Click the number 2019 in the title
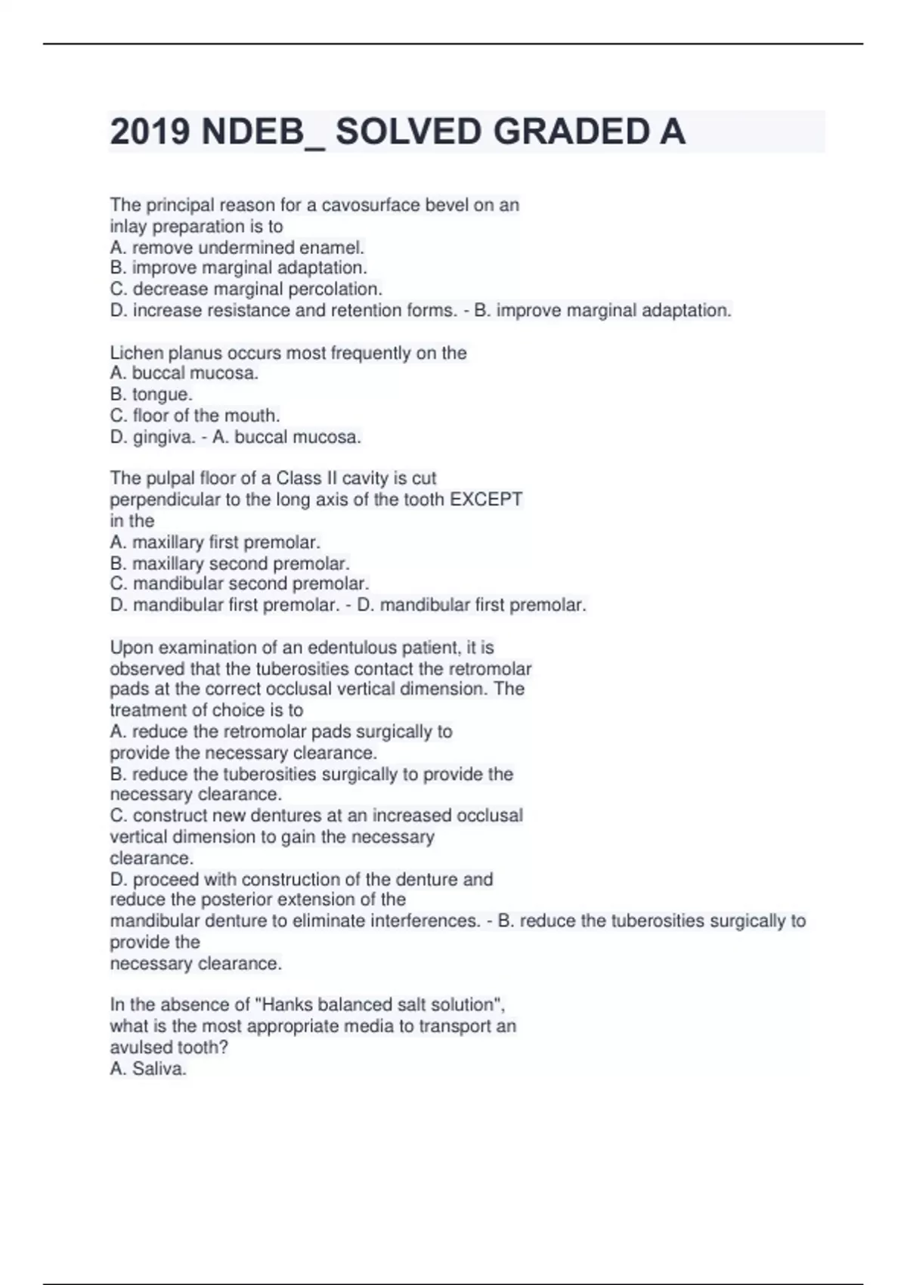click(x=150, y=132)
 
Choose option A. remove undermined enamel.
click(x=237, y=247)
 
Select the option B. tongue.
click(x=151, y=395)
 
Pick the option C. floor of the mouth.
click(x=195, y=416)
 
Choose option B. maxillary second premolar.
click(x=230, y=564)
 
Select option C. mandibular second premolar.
click(x=240, y=584)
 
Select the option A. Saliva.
click(x=148, y=1069)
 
